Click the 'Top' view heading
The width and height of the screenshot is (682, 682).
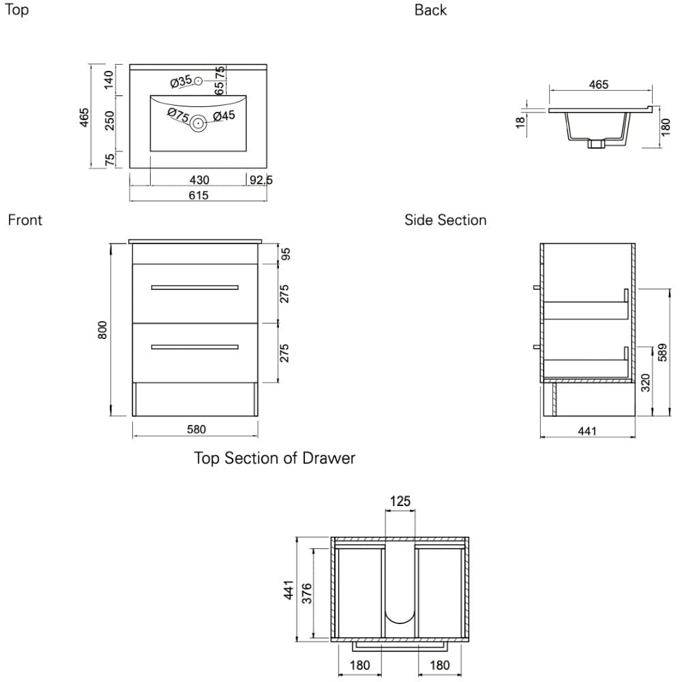(x=16, y=10)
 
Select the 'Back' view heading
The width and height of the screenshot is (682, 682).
(x=430, y=10)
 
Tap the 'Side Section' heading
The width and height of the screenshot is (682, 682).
(x=445, y=220)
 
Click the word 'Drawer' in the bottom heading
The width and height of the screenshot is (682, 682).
(x=329, y=458)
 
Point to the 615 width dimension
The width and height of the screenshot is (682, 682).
(x=198, y=195)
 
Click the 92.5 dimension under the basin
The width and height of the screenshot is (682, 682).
(x=261, y=179)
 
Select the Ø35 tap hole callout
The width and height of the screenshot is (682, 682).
(x=181, y=81)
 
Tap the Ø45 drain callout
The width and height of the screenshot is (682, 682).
(x=224, y=116)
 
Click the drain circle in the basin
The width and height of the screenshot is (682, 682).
(x=198, y=123)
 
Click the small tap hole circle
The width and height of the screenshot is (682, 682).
(x=198, y=81)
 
